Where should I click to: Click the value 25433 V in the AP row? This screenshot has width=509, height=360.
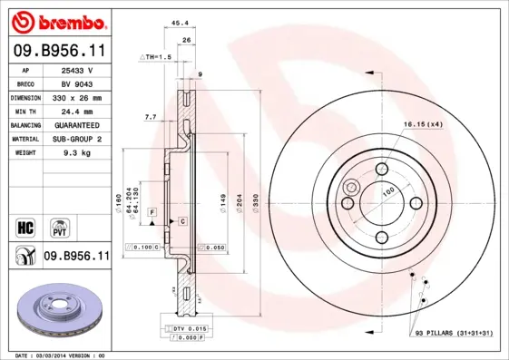click(78, 69)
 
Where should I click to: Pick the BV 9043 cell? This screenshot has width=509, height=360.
click(78, 83)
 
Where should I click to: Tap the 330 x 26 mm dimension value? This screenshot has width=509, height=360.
click(78, 97)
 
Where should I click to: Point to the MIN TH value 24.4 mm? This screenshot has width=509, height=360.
click(78, 111)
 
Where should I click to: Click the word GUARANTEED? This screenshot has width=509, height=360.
click(78, 125)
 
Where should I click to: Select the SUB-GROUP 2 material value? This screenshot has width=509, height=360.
click(78, 139)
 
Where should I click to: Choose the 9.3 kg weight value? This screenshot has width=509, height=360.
click(78, 153)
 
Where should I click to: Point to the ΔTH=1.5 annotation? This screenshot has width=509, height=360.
click(155, 57)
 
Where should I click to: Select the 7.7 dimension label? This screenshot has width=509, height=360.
click(151, 117)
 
